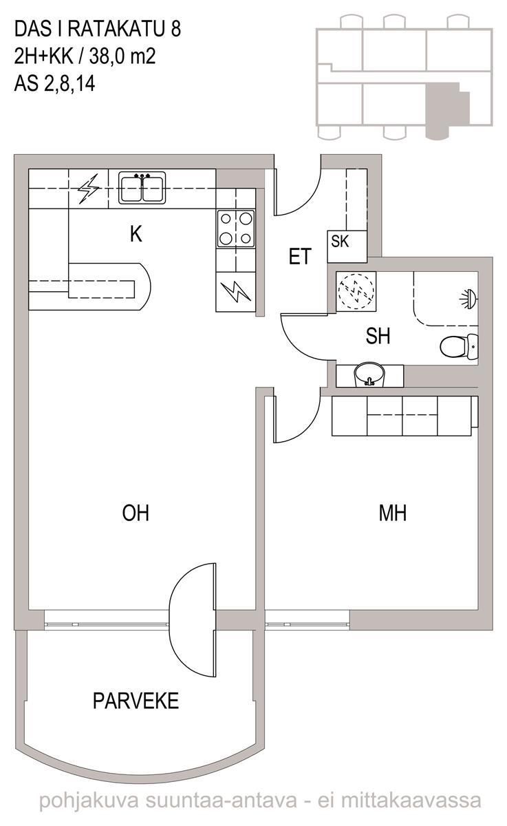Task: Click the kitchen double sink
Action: [142, 188]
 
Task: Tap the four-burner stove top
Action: [236, 229]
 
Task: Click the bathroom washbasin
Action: [369, 375]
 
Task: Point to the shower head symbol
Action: [469, 298]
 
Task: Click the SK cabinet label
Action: [340, 241]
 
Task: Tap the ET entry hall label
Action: [300, 256]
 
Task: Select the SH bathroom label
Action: [378, 336]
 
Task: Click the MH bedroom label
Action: [392, 513]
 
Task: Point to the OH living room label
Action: [136, 513]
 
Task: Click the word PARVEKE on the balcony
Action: [136, 701]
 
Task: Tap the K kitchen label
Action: [136, 233]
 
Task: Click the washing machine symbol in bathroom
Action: [356, 291]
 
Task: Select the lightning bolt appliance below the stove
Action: [236, 291]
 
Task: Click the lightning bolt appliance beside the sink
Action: [89, 189]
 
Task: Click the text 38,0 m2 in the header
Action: [122, 56]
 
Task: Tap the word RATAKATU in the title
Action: [116, 29]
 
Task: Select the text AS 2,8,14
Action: [54, 84]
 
